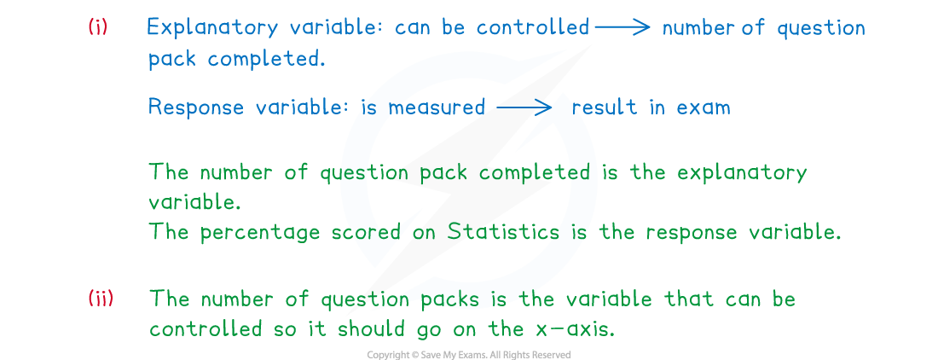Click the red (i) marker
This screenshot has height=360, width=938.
[98, 27]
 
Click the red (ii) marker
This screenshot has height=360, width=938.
[101, 298]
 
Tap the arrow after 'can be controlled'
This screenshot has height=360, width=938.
[622, 27]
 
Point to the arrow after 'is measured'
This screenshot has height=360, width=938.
[524, 107]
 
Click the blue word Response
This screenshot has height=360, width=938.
[195, 107]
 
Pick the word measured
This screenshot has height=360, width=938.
[436, 107]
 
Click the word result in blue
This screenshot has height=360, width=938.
[605, 107]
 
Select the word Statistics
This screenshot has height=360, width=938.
[503, 231]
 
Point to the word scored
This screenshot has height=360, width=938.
[365, 232]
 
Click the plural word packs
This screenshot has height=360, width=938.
[449, 299]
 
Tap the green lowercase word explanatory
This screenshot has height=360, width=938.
[742, 173]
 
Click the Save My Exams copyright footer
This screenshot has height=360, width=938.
[469, 355]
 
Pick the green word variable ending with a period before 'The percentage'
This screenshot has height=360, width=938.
[194, 201]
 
